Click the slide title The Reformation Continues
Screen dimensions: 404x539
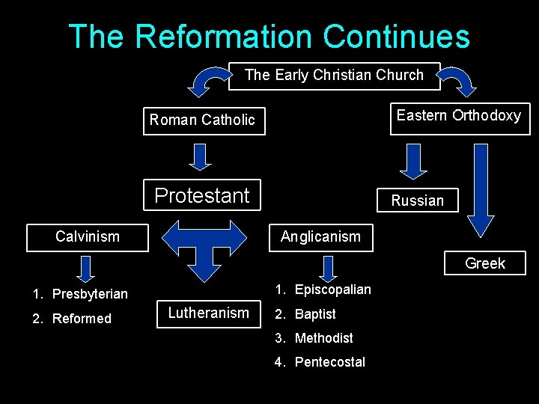coord(269,36)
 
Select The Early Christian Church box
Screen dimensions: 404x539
coord(334,76)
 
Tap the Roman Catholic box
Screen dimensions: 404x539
coord(204,120)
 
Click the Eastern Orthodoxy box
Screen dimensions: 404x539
coord(459,116)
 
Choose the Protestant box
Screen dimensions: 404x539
coord(202,196)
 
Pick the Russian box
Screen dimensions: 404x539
coord(417,201)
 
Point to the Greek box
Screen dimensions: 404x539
coord(485,263)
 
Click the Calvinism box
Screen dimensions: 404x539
coord(88,237)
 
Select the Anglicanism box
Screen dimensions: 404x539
coord(320,237)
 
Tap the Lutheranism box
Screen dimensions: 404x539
coord(208,313)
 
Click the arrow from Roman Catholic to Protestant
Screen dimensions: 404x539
coord(199,157)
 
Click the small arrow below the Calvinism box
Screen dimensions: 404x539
coord(86,268)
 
